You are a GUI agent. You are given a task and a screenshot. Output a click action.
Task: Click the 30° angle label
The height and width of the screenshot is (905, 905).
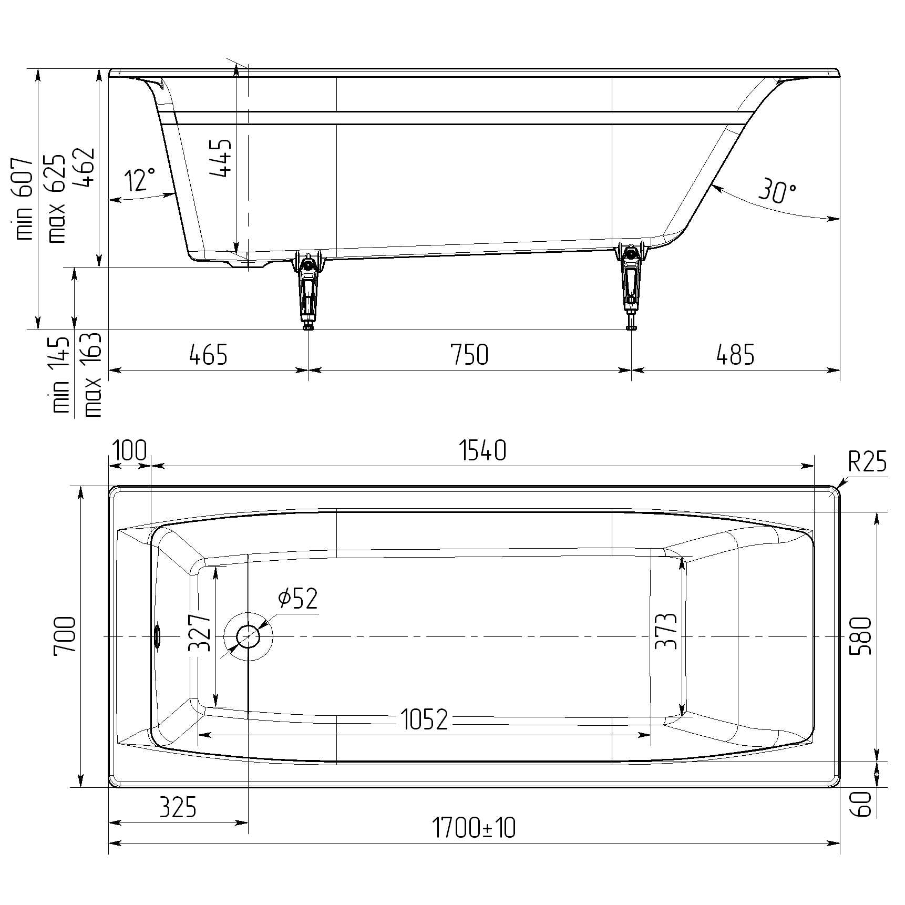click(777, 192)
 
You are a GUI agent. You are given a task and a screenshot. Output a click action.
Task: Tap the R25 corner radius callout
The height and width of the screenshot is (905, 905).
click(867, 462)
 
